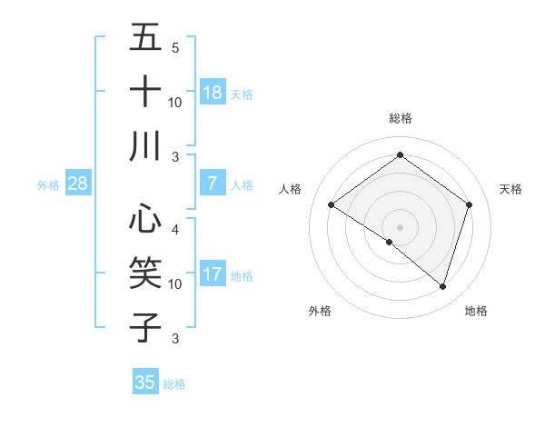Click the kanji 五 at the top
click(x=145, y=38)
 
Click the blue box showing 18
click(x=213, y=93)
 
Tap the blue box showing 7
click(x=213, y=184)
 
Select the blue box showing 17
click(x=213, y=274)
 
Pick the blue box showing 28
click(x=78, y=184)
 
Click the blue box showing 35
click(x=145, y=382)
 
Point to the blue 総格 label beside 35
click(x=175, y=384)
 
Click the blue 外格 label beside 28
click(x=48, y=185)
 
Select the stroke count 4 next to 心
click(x=174, y=229)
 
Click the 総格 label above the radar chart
click(x=400, y=118)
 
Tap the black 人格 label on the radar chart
click(x=290, y=189)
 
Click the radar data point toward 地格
click(x=442, y=286)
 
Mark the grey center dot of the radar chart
click(x=400, y=226)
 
